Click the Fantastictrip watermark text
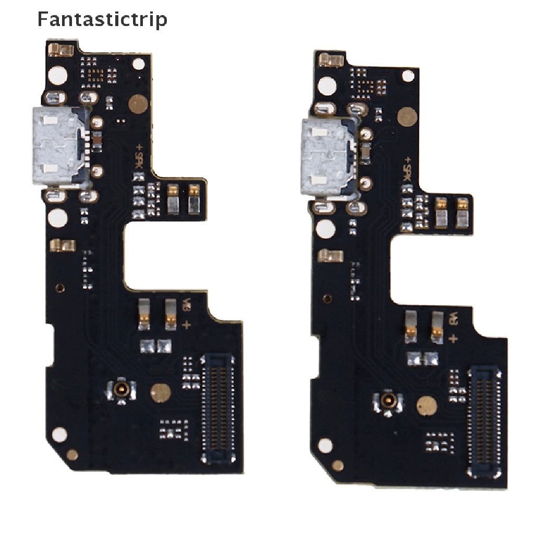[x=102, y=19]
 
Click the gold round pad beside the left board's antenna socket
[x=159, y=392]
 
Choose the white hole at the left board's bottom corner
[x=59, y=434]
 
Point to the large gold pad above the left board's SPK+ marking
[x=138, y=104]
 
